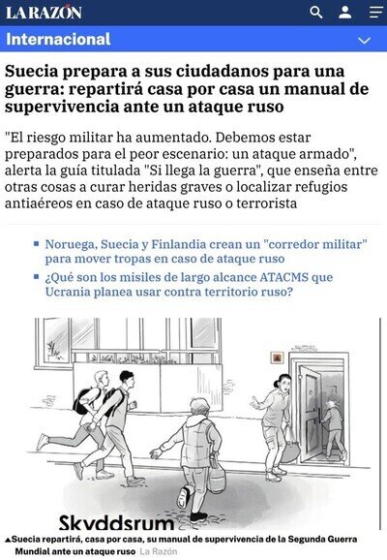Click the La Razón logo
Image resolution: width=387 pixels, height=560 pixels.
click(44, 13)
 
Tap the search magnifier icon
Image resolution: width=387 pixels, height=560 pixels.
click(316, 13)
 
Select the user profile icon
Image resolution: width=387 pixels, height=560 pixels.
click(344, 13)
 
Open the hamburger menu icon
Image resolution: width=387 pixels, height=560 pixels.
click(375, 13)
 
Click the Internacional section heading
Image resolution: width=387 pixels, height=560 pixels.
click(58, 39)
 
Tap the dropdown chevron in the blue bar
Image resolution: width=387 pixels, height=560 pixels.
click(364, 40)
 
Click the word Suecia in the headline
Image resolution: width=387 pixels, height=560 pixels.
click(31, 71)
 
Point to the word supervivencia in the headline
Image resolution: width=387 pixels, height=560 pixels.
click(61, 107)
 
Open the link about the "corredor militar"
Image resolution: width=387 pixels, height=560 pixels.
click(206, 252)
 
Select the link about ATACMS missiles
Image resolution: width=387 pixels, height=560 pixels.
click(189, 285)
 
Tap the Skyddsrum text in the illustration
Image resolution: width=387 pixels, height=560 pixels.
click(116, 523)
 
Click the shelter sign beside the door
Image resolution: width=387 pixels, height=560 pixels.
click(277, 358)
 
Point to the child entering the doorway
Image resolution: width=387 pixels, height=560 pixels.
click(334, 429)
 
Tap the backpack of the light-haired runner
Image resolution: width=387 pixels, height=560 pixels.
click(82, 401)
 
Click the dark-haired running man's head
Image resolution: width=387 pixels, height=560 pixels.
click(127, 379)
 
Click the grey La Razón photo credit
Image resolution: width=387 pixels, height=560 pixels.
click(159, 551)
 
